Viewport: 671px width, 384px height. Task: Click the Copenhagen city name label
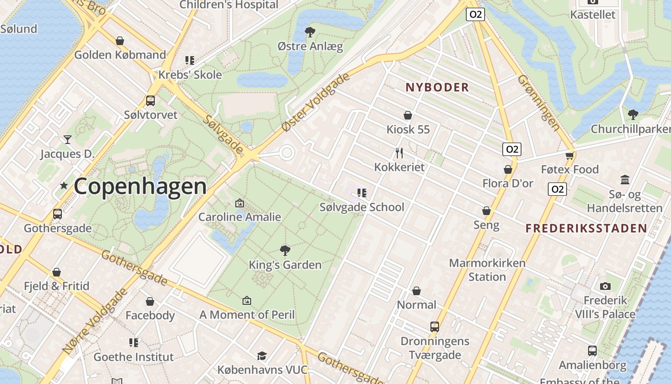[140, 186]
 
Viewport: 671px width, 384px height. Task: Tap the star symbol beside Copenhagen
[64, 185]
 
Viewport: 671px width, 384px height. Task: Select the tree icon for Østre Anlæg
[310, 32]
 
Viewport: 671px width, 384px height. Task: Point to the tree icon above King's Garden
[285, 250]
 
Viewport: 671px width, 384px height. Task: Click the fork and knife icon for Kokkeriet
[399, 153]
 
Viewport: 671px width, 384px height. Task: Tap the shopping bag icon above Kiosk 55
[408, 115]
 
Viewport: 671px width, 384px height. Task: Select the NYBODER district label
[437, 87]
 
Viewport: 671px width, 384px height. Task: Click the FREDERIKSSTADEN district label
[586, 228]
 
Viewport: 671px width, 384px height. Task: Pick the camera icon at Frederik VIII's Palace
[605, 286]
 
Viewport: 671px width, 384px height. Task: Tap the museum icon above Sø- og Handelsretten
[625, 180]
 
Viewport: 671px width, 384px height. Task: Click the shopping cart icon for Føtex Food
[569, 155]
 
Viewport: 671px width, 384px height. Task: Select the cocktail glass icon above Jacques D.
[67, 140]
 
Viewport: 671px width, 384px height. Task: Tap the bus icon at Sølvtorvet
[150, 101]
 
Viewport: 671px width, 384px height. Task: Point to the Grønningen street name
[539, 103]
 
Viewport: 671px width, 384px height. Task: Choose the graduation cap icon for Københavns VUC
[262, 356]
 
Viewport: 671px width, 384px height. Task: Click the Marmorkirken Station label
[487, 270]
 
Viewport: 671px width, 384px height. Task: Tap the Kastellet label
[592, 14]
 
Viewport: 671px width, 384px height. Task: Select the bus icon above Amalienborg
[592, 351]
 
